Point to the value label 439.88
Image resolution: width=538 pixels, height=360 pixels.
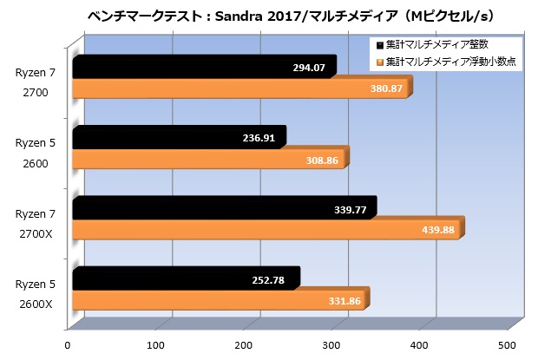[x=439, y=230]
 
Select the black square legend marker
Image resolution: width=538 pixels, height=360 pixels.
[x=379, y=45]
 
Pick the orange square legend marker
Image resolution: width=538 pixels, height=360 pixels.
[x=379, y=62]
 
